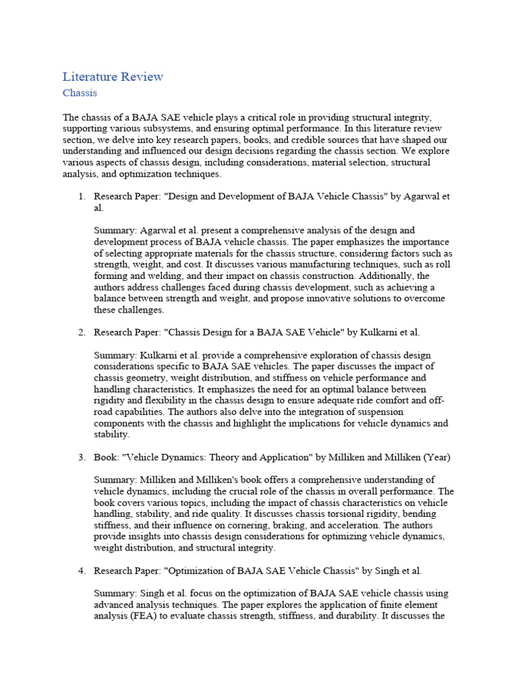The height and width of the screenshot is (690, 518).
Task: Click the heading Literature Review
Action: [113, 76]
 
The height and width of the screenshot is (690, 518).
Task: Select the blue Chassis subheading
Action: [80, 93]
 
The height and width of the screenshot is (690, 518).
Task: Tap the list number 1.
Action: [81, 197]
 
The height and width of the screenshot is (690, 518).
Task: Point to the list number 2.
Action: [81, 332]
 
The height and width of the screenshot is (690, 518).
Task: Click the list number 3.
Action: [81, 458]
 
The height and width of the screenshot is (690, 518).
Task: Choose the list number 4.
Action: [81, 571]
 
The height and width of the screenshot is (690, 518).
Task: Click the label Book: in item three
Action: [106, 458]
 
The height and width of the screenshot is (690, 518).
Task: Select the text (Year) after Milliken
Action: [436, 458]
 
